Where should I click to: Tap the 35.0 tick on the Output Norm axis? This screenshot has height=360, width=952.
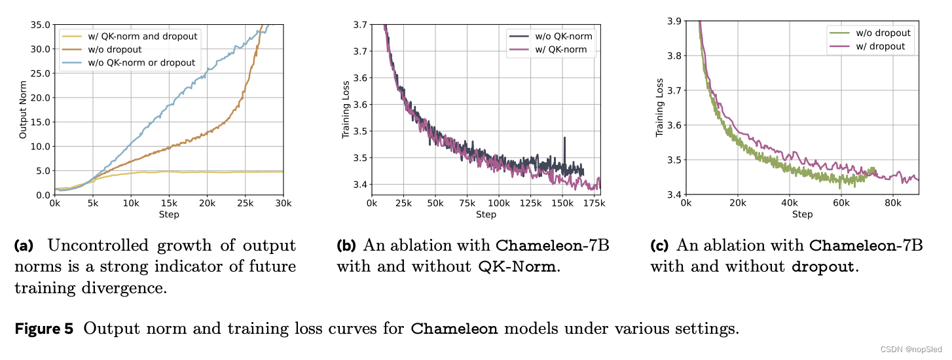click(40, 24)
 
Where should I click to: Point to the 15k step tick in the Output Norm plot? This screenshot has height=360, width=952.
click(169, 205)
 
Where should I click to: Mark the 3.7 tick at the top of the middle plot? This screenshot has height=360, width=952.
click(358, 24)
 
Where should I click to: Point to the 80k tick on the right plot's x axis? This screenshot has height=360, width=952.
click(892, 204)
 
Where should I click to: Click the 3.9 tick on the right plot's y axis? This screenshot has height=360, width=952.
click(672, 21)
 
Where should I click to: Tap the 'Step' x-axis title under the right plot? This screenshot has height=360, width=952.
click(802, 215)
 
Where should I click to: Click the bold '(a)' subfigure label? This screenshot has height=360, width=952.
click(24, 246)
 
